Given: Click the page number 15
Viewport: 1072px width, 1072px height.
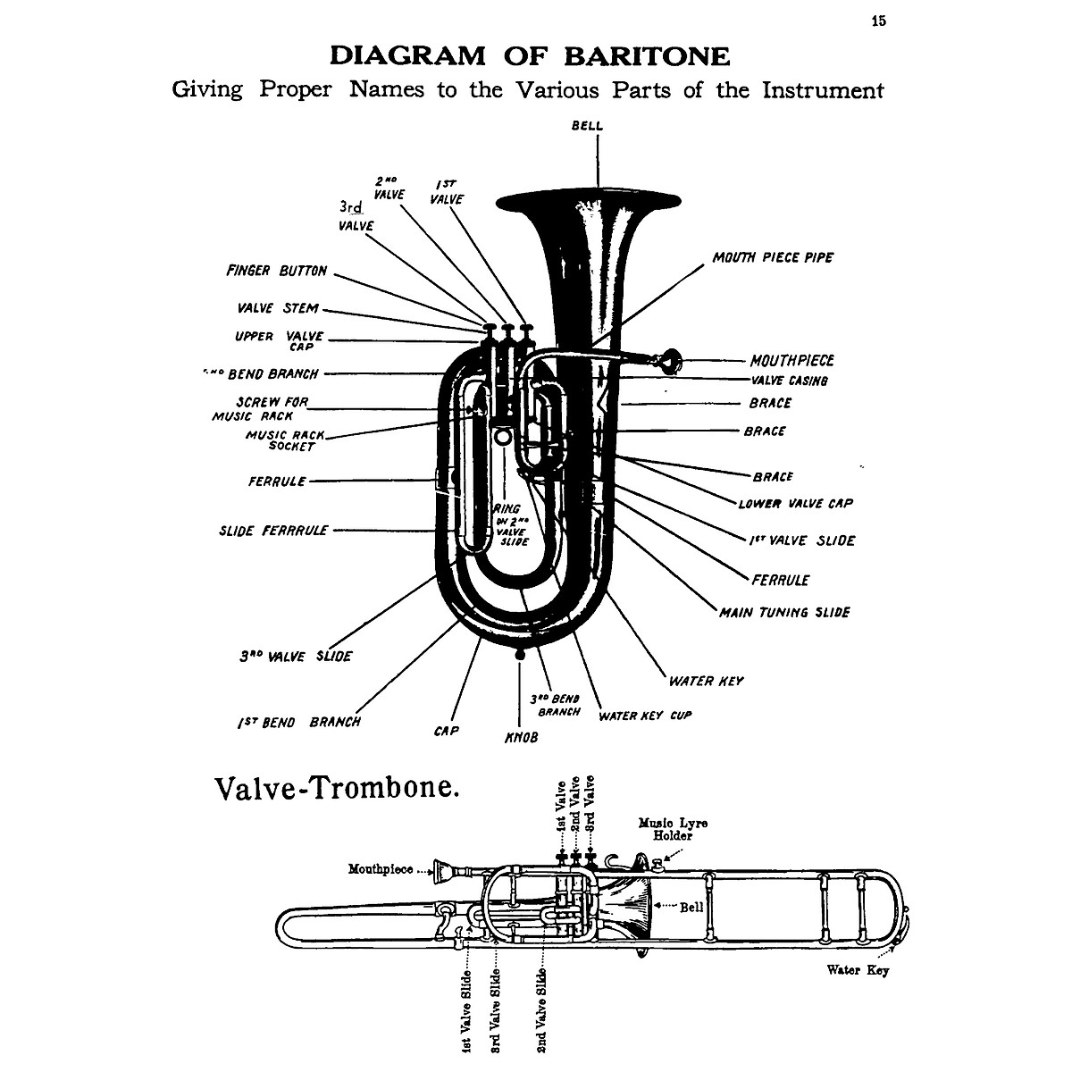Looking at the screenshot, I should pos(879,21).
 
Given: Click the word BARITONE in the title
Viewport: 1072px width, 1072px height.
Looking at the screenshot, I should pos(647,56).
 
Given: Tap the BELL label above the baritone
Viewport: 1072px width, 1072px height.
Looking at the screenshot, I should pos(587,126).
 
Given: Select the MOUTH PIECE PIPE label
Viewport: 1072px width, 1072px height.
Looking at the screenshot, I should pos(773,257).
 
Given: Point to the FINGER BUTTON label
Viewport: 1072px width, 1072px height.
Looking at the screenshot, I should pos(276,271).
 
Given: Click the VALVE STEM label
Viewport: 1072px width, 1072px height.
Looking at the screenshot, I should pos(278,308).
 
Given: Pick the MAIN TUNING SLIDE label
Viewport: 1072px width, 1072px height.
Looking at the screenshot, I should pos(784,612).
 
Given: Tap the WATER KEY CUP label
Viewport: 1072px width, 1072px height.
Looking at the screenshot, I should pos(645,716).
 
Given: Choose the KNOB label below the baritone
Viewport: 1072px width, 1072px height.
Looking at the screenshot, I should pos(522,738).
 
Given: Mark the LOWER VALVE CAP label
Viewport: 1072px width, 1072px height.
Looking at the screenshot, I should pos(795,503).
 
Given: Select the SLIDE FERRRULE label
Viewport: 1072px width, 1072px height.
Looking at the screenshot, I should pos(273,530).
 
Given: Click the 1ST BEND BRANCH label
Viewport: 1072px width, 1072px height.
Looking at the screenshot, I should pos(299,722).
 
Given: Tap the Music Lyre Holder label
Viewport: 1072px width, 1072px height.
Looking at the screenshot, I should pos(672,829).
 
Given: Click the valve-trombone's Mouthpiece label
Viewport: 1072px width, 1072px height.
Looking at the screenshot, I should pos(381,868).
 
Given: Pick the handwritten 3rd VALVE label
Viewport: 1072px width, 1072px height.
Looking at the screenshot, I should pos(356,215).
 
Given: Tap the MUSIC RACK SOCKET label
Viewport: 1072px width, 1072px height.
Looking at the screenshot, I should pos(286,440).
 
